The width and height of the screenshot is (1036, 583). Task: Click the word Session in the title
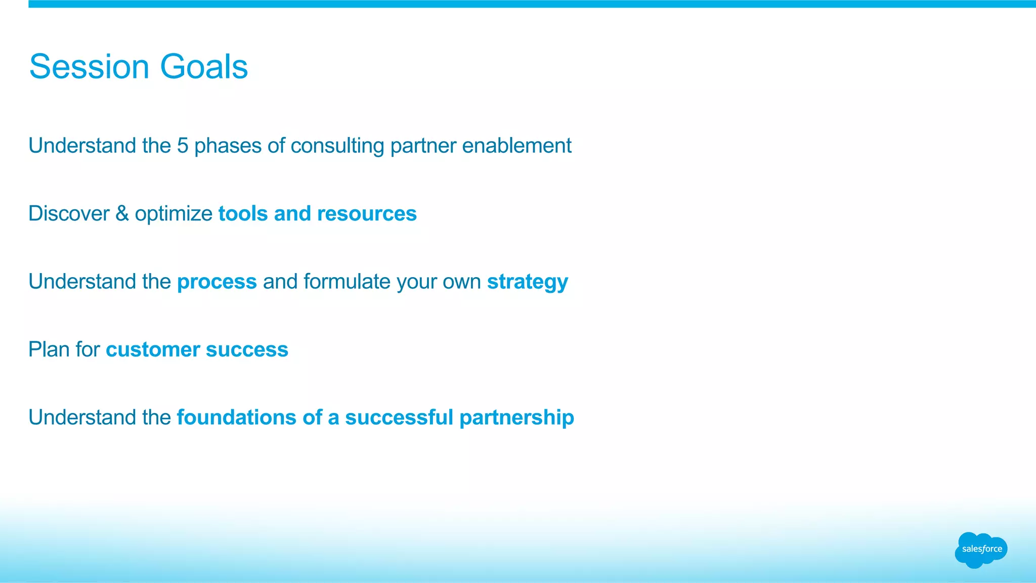click(x=89, y=67)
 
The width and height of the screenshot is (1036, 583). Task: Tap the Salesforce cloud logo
click(x=981, y=550)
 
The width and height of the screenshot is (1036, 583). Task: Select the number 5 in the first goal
click(x=182, y=146)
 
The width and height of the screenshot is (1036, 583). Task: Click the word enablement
click(x=516, y=146)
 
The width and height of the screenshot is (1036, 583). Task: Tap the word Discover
click(x=69, y=213)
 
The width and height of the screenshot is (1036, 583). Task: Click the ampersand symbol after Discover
click(x=122, y=213)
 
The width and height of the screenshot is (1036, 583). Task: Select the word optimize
click(x=174, y=214)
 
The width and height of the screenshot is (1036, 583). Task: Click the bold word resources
click(x=367, y=214)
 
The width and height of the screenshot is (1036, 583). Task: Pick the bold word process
click(x=217, y=282)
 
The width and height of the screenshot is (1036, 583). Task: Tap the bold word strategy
click(x=527, y=282)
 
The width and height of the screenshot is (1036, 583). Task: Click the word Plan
click(x=49, y=349)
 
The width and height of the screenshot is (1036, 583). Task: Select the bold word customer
click(x=153, y=350)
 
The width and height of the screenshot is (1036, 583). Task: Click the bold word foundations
click(x=236, y=418)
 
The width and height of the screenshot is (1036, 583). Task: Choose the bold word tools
click(x=243, y=214)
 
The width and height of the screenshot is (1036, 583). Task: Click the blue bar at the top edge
click(x=531, y=4)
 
